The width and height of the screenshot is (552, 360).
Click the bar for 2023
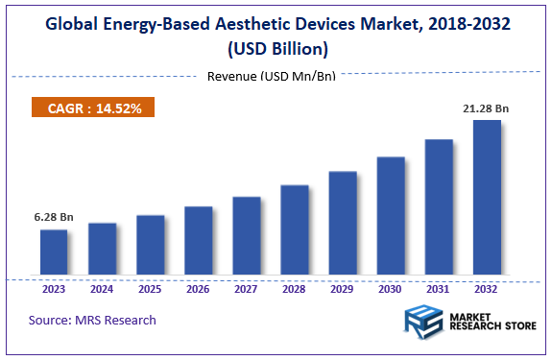54,252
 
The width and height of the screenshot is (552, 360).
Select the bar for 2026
198,241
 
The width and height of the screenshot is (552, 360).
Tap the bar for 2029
343,224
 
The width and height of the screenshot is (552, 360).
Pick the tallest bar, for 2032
487,198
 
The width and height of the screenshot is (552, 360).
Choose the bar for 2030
391,216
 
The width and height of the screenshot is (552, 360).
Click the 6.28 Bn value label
54,217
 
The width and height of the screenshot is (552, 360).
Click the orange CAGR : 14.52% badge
94,108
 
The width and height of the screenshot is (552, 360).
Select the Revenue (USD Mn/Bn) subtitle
272,76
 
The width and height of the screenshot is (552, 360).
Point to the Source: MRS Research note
92,320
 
